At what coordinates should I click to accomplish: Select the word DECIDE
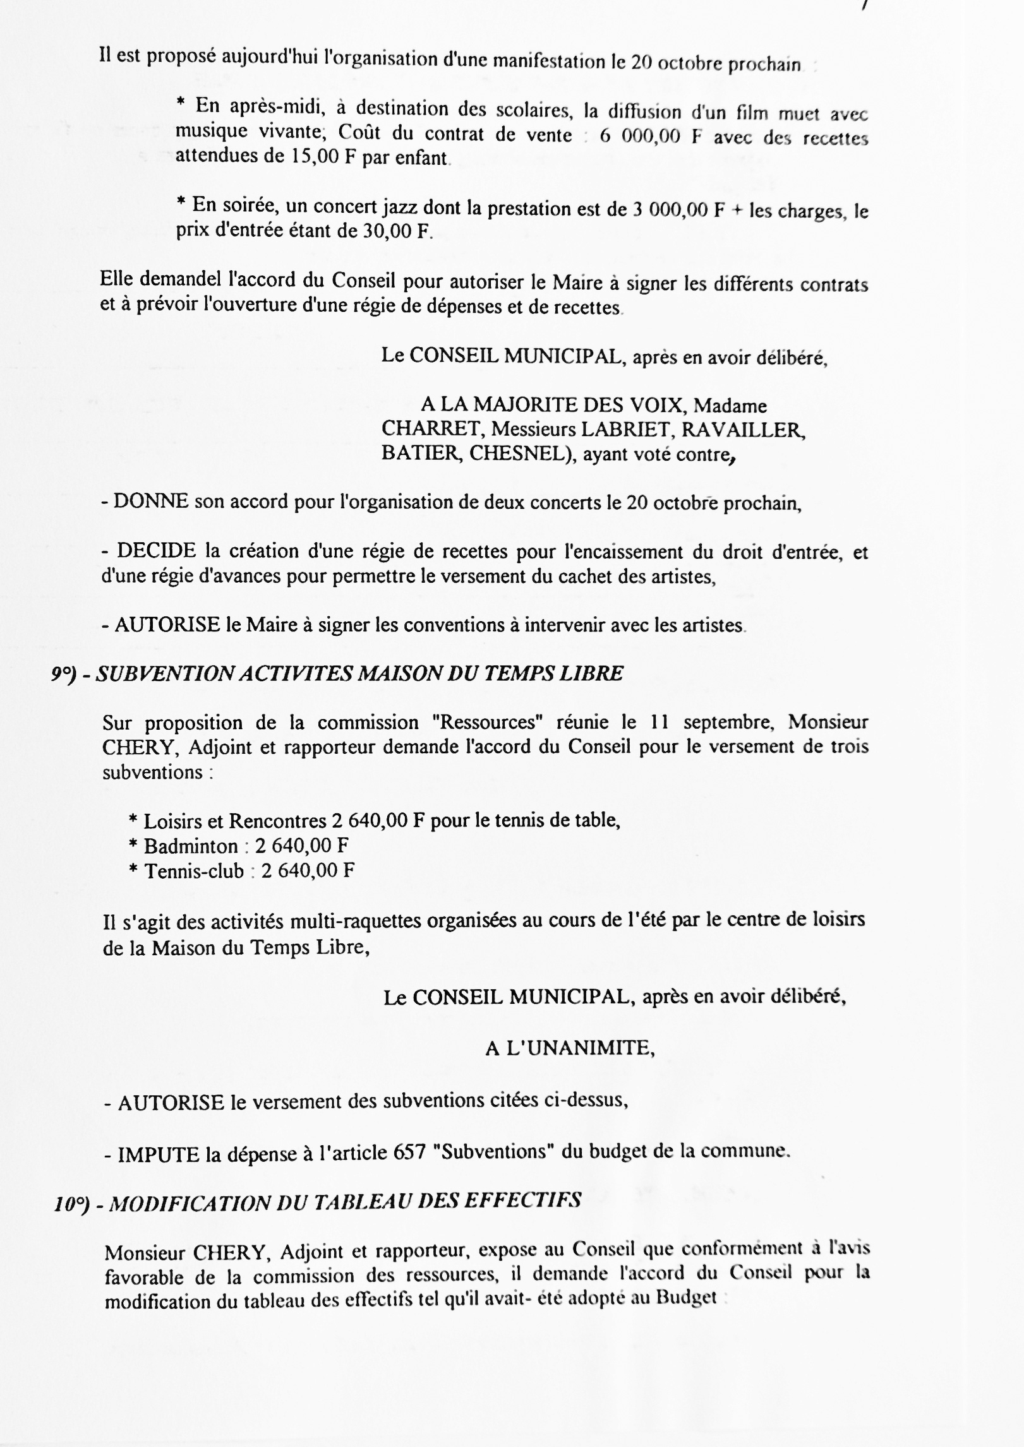click(x=157, y=551)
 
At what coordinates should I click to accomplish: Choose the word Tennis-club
click(x=194, y=871)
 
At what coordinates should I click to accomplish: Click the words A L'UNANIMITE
click(x=570, y=1049)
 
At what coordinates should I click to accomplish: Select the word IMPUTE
click(x=159, y=1155)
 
